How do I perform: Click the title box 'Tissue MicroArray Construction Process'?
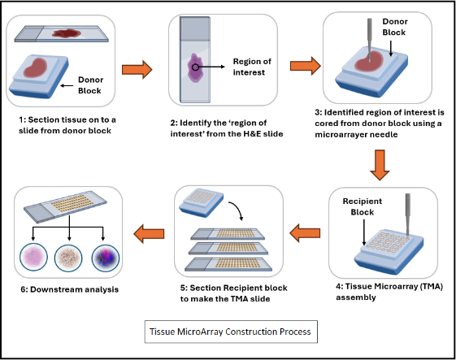point(231,332)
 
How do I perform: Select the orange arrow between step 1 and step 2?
point(137,70)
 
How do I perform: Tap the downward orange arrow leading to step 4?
point(380,165)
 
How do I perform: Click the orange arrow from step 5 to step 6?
point(149,233)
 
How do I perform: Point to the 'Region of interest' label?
point(252,67)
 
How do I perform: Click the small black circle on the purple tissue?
point(195,67)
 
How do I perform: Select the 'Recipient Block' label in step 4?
point(363,206)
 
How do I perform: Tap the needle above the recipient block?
point(408,215)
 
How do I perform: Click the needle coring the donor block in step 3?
point(369,40)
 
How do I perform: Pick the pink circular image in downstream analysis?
point(33,258)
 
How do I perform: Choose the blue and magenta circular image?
point(106,258)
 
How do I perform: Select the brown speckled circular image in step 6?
point(68,258)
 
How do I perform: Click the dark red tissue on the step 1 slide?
point(67,33)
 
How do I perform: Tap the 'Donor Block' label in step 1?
point(90,85)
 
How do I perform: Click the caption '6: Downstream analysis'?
point(70,289)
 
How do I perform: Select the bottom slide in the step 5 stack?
point(228,264)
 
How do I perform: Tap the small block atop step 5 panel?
point(201,202)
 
